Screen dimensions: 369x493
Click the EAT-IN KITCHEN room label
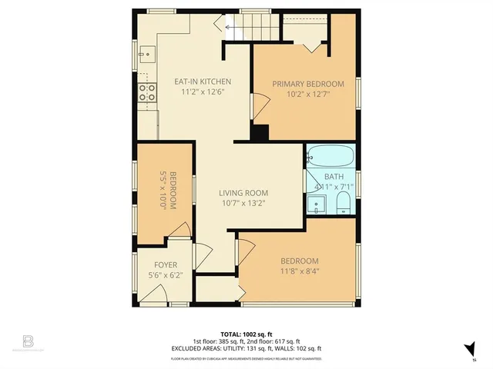coord(202,81)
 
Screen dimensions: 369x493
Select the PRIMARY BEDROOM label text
coord(308,84)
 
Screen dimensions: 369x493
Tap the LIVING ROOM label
coord(243,193)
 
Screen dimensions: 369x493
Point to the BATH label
coord(334,177)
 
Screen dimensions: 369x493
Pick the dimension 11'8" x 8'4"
coord(299,271)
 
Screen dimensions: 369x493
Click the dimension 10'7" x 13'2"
coord(243,203)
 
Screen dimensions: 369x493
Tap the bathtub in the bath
coord(330,158)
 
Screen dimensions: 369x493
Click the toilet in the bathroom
coord(343,204)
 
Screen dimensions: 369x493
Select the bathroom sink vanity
coord(315,204)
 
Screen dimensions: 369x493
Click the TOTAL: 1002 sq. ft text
coord(246,334)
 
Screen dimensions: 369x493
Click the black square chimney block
coord(260,133)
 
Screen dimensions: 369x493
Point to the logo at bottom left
coord(29,340)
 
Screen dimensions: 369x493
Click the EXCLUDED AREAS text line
coord(246,348)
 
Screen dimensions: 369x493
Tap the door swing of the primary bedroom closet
coord(311,45)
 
